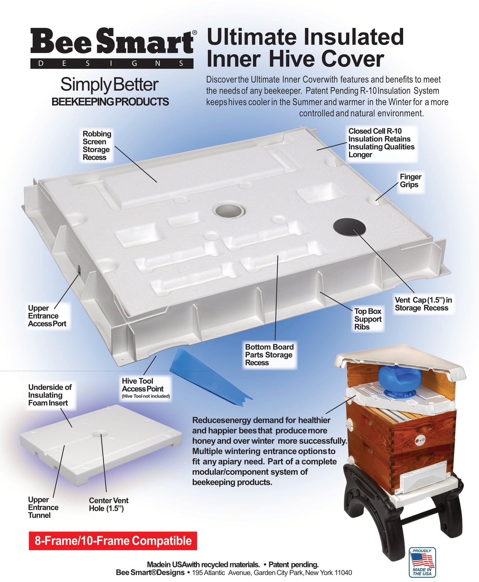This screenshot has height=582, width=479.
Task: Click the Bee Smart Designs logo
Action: (113, 48)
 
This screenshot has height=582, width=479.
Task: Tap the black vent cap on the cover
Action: (349, 227)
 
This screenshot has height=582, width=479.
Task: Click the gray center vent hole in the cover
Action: (229, 210)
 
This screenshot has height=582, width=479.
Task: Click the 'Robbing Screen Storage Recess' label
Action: (97, 145)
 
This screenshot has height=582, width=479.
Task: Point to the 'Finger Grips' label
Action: (410, 181)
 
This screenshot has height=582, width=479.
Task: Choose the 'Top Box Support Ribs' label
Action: (368, 319)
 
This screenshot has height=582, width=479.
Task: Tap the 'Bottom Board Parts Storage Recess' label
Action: (269, 355)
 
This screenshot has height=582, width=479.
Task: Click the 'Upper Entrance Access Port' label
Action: (47, 316)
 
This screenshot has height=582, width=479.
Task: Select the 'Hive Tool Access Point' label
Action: (146, 388)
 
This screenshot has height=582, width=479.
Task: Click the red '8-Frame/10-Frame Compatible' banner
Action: (113, 541)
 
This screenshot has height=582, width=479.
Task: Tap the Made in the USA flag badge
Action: (422, 562)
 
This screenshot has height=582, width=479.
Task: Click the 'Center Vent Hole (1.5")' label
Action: (108, 504)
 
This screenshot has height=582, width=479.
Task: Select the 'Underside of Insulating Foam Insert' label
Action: (50, 395)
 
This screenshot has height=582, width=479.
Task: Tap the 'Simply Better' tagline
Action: (109, 85)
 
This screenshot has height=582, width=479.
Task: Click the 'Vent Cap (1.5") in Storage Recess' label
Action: (423, 304)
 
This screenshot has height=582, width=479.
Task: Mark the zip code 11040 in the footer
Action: (343, 573)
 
